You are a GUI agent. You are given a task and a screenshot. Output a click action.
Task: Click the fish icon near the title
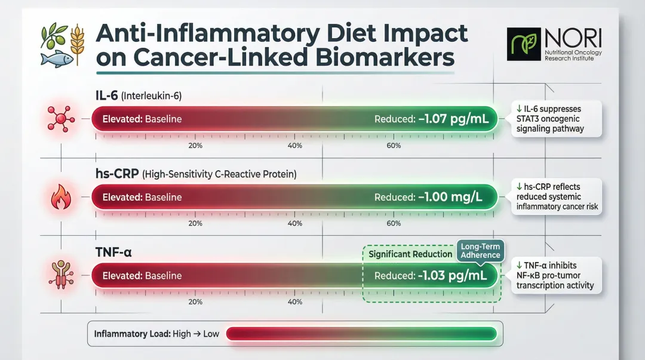(56, 59)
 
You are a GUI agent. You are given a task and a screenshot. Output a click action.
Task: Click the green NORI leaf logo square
(523, 44)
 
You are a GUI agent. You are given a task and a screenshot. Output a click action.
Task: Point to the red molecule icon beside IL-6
(60, 118)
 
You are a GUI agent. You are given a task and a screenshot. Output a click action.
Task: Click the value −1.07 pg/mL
(453, 119)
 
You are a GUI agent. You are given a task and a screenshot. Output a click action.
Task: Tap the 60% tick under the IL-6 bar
(394, 146)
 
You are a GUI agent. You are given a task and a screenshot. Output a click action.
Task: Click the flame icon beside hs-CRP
(60, 197)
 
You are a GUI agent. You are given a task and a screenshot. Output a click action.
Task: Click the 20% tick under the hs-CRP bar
(195, 223)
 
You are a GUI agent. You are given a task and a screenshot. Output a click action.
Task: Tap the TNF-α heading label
(113, 252)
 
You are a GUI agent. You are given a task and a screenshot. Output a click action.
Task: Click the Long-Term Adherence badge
(480, 251)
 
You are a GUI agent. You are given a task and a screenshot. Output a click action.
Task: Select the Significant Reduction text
(410, 254)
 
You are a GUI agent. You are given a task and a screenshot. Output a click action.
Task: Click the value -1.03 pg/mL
(453, 276)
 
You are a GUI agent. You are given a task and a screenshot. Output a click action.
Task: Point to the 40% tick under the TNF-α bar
(294, 301)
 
